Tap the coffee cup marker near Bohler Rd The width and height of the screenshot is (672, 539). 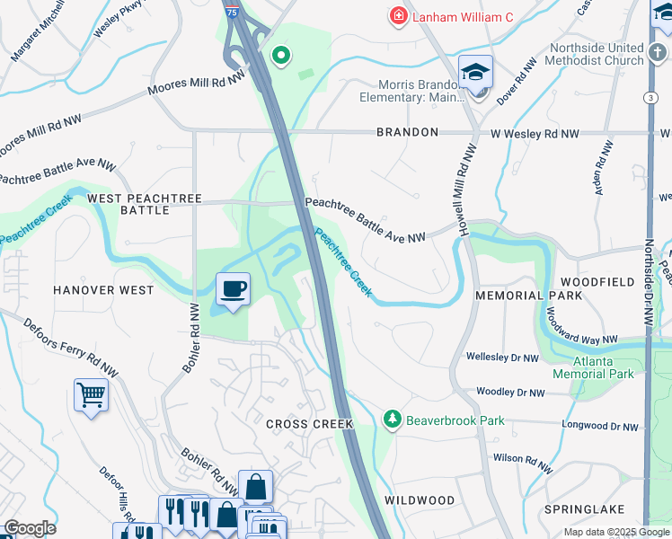coord(234,289)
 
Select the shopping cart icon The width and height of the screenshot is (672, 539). coord(92,395)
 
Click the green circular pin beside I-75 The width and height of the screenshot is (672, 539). coord(281,57)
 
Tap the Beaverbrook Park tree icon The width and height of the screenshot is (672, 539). coord(392,420)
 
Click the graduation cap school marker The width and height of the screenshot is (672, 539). coord(475,72)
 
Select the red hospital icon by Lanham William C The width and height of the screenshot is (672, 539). coord(397,15)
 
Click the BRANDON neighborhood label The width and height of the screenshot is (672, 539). coord(407,132)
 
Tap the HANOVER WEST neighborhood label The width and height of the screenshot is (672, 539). coord(102,290)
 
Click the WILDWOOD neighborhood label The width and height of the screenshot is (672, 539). coord(420,499)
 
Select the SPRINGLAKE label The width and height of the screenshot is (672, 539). coord(584,509)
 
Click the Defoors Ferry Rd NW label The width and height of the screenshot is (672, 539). coord(71,347)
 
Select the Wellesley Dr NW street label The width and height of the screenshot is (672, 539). coord(502,358)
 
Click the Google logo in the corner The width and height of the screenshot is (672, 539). coord(30,528)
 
